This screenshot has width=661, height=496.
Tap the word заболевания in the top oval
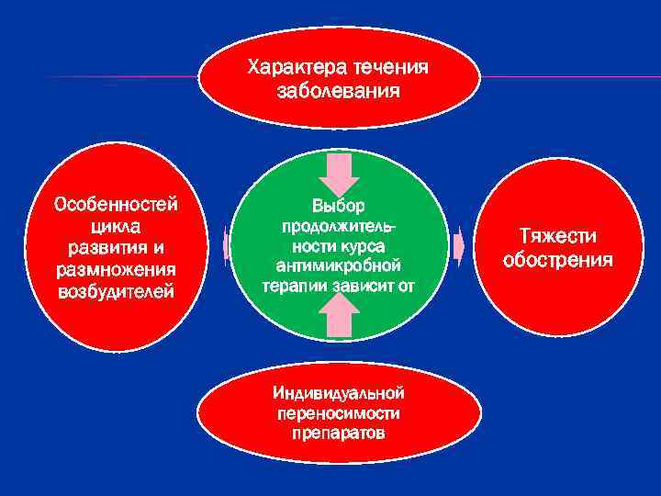point(338,91)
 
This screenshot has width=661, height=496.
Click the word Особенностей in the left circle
point(116,204)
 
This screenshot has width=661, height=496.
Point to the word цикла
point(116,226)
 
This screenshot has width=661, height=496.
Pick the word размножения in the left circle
point(116,270)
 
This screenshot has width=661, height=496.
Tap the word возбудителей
point(116,292)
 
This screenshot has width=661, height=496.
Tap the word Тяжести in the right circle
point(557,237)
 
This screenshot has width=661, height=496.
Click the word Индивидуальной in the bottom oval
point(338,393)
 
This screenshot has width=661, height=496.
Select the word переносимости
point(338,412)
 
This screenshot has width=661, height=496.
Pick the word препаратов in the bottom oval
point(338,432)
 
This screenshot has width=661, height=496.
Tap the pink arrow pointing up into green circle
point(339,318)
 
